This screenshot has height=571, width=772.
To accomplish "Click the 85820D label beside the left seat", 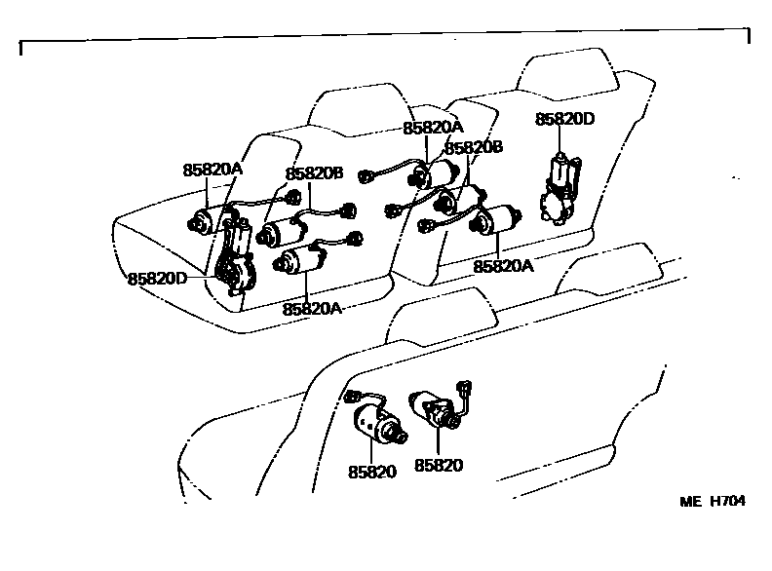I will coord(157,278).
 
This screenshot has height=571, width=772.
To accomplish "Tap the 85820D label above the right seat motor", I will coord(564,120).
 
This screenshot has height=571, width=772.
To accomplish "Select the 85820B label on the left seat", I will coord(314,173).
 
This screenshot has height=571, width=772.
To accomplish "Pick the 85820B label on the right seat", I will coord(473,147).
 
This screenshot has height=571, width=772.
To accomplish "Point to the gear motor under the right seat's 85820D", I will coord(559,190).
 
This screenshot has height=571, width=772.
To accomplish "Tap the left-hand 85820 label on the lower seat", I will coord(371,472).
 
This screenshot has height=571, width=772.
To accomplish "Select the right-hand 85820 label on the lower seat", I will coord(439,466).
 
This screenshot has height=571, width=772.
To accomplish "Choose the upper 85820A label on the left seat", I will coord(212,169).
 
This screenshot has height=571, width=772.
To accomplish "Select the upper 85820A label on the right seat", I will coord(433,128).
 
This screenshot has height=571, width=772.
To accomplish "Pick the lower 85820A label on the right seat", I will coord(504,265).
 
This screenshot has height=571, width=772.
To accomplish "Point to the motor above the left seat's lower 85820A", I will coord(304,261).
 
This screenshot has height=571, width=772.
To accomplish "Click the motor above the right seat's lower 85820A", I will coord(495,221).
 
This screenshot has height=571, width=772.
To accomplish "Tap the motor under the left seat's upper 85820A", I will coord(209,220).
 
